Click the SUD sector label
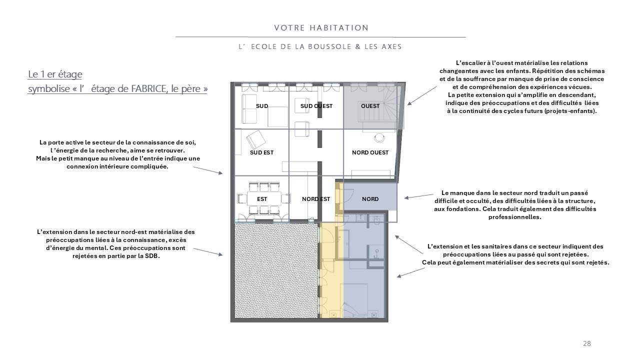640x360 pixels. [261, 106]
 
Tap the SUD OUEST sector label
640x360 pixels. [316, 106]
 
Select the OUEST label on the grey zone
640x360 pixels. [370, 106]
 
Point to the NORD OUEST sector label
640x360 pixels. [370, 152]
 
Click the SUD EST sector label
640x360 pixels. [261, 152]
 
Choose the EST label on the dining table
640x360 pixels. [261, 199]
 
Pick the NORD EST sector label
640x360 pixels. [316, 199]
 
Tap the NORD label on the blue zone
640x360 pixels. [370, 199]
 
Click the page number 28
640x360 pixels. [587, 343]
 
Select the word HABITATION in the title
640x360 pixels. [339, 28]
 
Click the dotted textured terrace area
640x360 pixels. [276, 270]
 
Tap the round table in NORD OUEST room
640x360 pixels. [379, 137]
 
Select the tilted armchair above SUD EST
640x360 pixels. [256, 139]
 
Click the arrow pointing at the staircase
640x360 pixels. [422, 95]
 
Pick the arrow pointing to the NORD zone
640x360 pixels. [419, 196]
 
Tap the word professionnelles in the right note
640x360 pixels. [514, 217]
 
